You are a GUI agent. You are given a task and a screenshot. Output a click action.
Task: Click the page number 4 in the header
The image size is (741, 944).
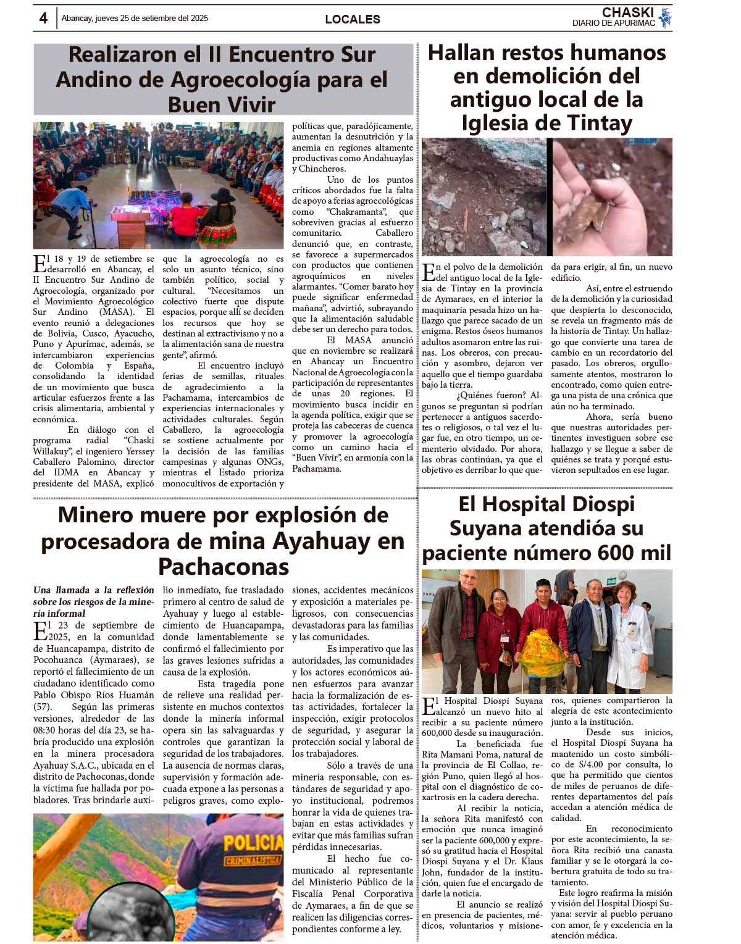click(43, 19)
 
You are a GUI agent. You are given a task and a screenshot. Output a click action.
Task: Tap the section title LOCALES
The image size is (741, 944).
click(352, 19)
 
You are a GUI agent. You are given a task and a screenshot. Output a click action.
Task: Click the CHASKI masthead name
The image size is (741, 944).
click(627, 12)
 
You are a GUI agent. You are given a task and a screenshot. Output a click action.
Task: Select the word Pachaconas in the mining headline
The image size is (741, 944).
click(223, 566)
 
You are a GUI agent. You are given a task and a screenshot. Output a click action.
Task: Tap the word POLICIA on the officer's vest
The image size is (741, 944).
click(253, 843)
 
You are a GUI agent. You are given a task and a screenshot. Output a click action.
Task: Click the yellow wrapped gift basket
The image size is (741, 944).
click(542, 653)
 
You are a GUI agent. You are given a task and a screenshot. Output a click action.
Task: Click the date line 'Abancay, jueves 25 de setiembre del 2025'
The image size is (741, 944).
click(135, 19)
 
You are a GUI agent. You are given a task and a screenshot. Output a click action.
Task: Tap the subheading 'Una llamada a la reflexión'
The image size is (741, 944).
click(94, 590)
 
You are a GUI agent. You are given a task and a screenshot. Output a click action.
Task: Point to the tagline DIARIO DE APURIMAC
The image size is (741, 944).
click(613, 23)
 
